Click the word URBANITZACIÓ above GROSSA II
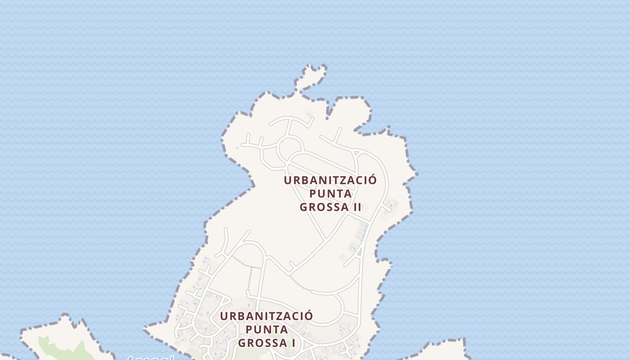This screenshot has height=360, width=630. click(330, 180)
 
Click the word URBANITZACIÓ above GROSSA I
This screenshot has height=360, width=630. click(266, 316)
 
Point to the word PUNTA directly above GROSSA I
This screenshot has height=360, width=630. click(266, 329)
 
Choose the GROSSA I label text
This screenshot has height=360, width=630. click(266, 343)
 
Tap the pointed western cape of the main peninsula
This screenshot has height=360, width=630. click(148, 328)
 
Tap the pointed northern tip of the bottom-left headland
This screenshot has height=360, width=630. click(67, 317)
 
